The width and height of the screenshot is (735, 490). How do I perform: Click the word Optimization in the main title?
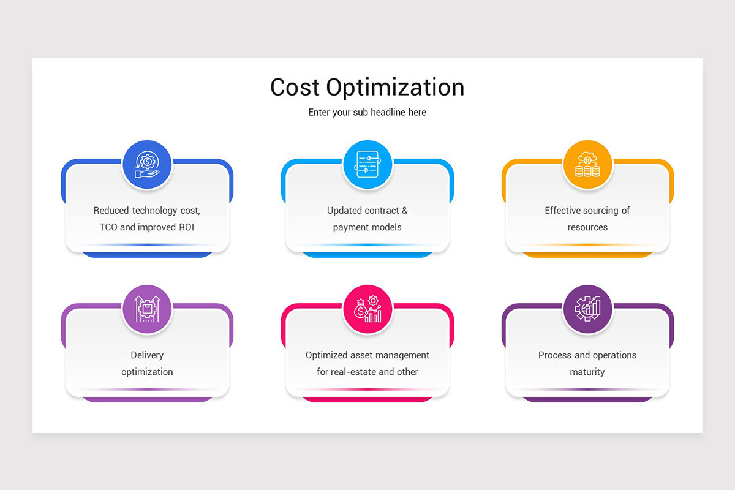tap(395, 88)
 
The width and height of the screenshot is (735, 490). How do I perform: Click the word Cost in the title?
tap(295, 87)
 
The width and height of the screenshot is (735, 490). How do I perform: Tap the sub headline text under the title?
tap(367, 113)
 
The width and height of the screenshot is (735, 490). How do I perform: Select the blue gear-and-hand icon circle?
tap(147, 165)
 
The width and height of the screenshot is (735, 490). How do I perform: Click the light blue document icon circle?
tap(367, 165)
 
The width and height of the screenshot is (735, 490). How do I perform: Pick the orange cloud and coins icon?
tap(587, 165)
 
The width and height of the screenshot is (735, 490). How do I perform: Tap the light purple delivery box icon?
tap(147, 309)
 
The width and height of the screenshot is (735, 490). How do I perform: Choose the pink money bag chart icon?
tap(367, 309)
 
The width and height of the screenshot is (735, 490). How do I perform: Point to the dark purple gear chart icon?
tap(587, 309)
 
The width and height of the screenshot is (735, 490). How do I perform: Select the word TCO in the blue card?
tap(108, 227)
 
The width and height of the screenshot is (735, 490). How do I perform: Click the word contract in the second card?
tap(382, 211)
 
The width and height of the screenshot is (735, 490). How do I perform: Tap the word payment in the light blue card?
tap(350, 228)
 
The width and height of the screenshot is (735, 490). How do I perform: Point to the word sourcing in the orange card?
tap(600, 211)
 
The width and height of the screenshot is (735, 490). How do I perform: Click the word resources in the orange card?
tap(587, 227)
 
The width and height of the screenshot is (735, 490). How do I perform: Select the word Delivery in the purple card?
tap(147, 355)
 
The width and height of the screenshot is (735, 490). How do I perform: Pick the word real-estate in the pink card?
tap(354, 372)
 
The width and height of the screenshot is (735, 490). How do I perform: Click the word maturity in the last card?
tap(587, 372)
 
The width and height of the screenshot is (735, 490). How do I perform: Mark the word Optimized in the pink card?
tap(326, 355)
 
